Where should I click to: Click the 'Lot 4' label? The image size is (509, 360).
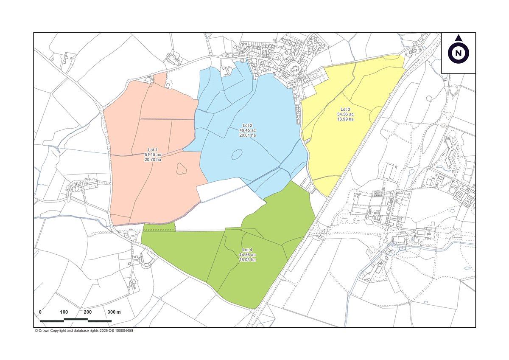pyautogui.click(x=247, y=249)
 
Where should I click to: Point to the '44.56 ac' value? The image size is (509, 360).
pyautogui.click(x=247, y=254)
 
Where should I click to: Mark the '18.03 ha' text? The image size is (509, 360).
pyautogui.click(x=247, y=259)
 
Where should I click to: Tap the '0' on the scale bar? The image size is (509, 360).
pyautogui.click(x=40, y=312)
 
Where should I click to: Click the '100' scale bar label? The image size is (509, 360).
pyautogui.click(x=64, y=312)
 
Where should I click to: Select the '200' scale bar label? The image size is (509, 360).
pyautogui.click(x=88, y=312)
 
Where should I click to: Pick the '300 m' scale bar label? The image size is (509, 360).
pyautogui.click(x=113, y=312)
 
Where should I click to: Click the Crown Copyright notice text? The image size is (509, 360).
pyautogui.click(x=84, y=331)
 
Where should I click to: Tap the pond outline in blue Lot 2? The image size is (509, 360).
pyautogui.click(x=236, y=154)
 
